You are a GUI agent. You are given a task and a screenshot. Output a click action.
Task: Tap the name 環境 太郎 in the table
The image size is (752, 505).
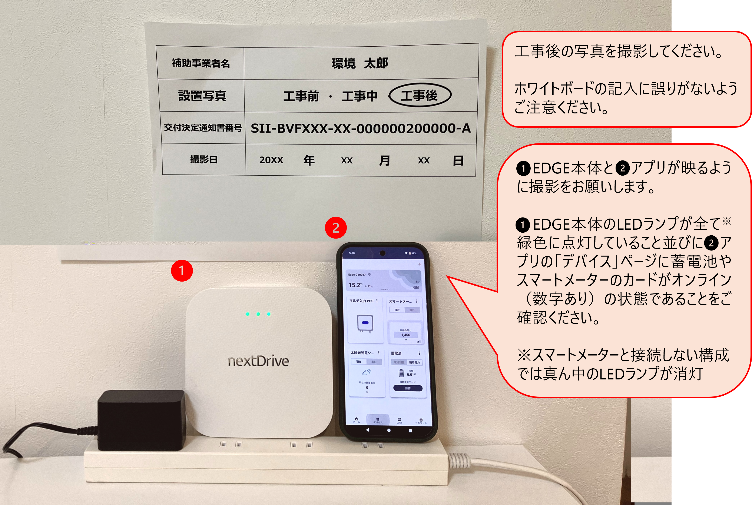point(360,63)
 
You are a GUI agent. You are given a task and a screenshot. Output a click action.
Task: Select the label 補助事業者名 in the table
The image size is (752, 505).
point(201,63)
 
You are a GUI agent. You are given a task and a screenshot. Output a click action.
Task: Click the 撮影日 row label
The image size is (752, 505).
point(203,159)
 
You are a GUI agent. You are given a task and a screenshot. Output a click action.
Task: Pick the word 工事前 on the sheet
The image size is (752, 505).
point(301,96)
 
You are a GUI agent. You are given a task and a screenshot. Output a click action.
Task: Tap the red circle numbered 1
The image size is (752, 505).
point(182,270)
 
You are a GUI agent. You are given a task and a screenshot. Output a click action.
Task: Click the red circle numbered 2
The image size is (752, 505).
point(336,228)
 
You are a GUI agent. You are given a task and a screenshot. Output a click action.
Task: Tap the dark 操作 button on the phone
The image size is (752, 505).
point(408,388)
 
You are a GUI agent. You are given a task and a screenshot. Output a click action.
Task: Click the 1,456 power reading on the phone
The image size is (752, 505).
point(405,335)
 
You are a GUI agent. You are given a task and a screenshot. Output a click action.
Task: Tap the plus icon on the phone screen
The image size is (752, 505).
point(420,264)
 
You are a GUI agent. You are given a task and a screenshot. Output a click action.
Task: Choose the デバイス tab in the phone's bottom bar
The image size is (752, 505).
point(378,420)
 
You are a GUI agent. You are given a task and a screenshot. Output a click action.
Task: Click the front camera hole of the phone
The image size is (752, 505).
point(383,253)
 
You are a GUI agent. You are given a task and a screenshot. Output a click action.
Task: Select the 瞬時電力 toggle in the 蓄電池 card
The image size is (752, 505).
point(414,362)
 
